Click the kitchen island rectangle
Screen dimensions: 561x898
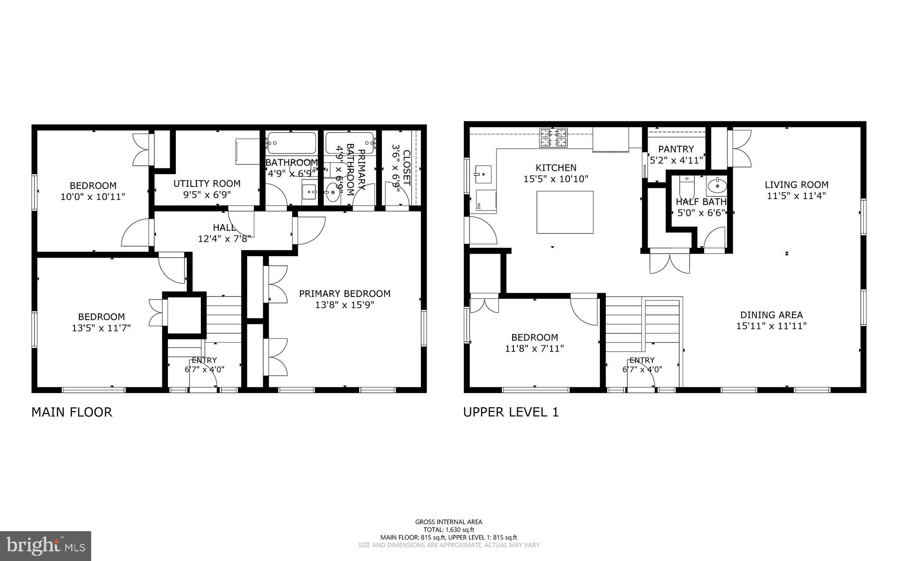pyautogui.click(x=565, y=212)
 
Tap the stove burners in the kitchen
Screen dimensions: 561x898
pyautogui.click(x=553, y=137)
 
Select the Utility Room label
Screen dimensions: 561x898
pyautogui.click(x=207, y=184)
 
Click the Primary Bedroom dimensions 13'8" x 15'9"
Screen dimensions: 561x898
pyautogui.click(x=345, y=305)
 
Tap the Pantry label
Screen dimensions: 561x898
pyautogui.click(x=676, y=149)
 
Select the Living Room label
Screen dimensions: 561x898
pyautogui.click(x=796, y=185)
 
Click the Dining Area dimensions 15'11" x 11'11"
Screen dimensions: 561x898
pyautogui.click(x=771, y=326)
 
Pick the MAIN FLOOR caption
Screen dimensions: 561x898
pyautogui.click(x=72, y=412)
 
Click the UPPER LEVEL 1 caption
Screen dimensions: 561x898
pyautogui.click(x=511, y=412)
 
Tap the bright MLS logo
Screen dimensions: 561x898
pyautogui.click(x=46, y=546)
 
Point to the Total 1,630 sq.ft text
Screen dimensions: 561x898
pyautogui.click(x=449, y=529)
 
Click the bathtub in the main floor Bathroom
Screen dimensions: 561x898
pyautogui.click(x=292, y=143)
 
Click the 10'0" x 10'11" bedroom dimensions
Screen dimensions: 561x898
pyautogui.click(x=93, y=197)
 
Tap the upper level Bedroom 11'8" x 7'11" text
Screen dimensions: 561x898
pyautogui.click(x=535, y=349)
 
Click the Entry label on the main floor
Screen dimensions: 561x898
pyautogui.click(x=204, y=360)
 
